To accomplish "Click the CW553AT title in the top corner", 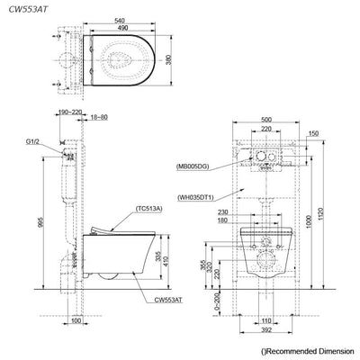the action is [x=28, y=9].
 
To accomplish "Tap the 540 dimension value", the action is [x=120, y=21].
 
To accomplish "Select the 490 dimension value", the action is [x=123, y=28].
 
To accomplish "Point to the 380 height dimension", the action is [x=169, y=60].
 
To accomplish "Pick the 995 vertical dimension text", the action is [x=42, y=222].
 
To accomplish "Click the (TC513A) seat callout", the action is [x=148, y=209].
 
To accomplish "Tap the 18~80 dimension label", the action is [x=99, y=117].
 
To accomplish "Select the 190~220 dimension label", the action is [x=69, y=112].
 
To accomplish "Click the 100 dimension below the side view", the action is [x=76, y=320].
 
